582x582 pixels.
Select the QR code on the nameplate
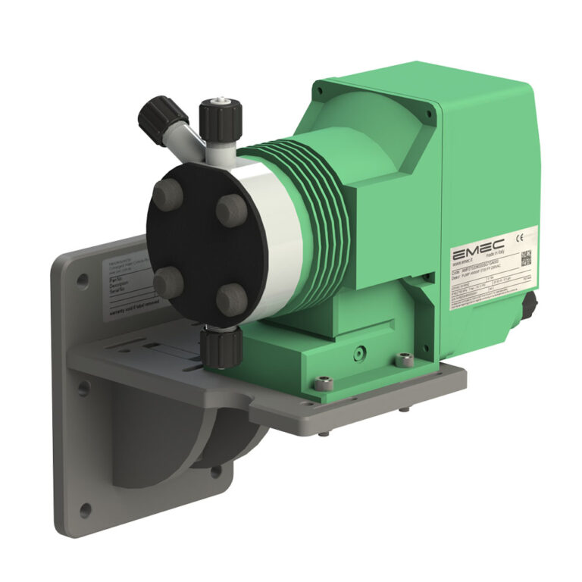526,256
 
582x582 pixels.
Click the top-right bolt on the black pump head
230,208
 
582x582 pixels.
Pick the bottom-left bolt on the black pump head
167,283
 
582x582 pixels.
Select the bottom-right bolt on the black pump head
231,299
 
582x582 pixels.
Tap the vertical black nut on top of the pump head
221,117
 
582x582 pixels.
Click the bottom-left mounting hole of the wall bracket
84,507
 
